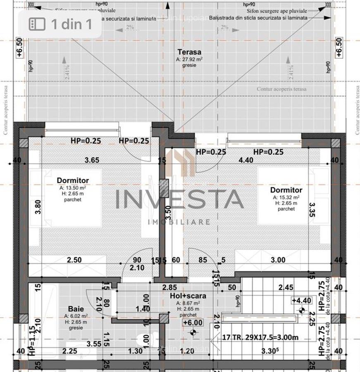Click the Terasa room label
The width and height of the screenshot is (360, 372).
[x=189, y=52]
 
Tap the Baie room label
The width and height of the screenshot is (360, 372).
[x=76, y=309]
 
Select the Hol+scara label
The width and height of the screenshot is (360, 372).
[x=188, y=296]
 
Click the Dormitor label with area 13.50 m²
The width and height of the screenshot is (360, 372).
[x=73, y=181]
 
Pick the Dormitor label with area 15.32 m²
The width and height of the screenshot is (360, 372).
[x=286, y=190]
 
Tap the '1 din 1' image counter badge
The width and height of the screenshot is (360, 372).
[x=60, y=24]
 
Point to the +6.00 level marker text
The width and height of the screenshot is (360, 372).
[x=193, y=323]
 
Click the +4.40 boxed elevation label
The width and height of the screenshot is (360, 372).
[x=301, y=300]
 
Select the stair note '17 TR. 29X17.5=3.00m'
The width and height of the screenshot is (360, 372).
[x=260, y=337]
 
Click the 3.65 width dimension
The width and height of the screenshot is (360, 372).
[x=92, y=160]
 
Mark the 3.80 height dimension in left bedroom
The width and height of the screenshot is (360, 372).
[x=38, y=207]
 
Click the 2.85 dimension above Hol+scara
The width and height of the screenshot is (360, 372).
[x=169, y=287]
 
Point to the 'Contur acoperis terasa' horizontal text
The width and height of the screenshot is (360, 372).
[x=281, y=89]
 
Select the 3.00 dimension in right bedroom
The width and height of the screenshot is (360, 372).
[x=278, y=260]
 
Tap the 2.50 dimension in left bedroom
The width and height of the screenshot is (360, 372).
[x=74, y=260]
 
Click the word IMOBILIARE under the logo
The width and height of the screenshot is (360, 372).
[x=179, y=222]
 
